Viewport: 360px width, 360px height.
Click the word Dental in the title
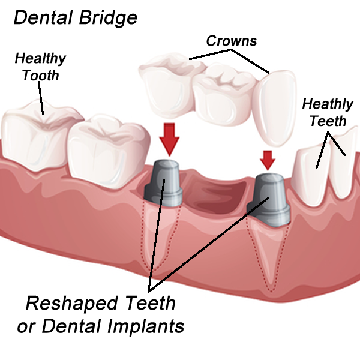(43, 17)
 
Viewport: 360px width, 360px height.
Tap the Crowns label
(232, 41)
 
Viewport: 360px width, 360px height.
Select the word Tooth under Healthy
(40, 76)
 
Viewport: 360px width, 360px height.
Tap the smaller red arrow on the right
(268, 158)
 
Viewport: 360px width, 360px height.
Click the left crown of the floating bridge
(168, 84)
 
